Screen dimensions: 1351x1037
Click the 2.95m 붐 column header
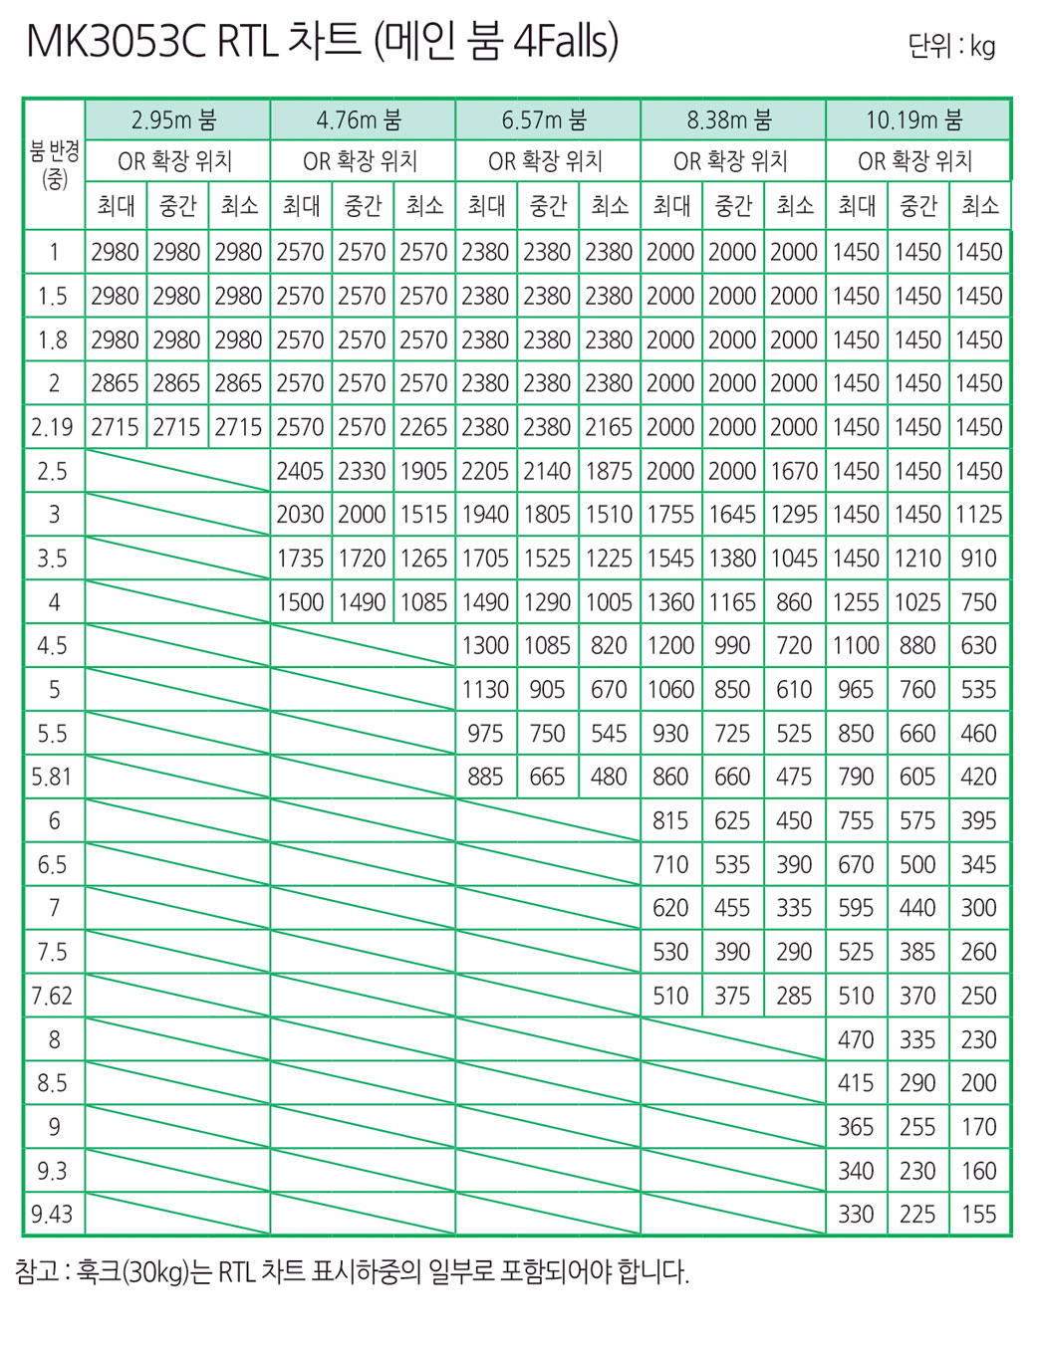point(176,120)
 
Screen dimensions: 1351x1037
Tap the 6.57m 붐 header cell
point(547,120)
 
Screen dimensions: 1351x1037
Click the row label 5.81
point(53,777)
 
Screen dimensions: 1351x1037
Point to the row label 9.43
point(53,1214)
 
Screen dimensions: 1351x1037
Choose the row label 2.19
point(53,427)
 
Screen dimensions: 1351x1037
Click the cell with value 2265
point(423,427)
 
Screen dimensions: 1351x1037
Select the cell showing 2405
point(300,471)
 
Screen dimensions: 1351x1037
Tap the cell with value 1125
point(978,515)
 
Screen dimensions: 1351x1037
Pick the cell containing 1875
point(609,471)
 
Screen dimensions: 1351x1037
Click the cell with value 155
point(978,1214)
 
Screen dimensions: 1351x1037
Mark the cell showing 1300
point(485,645)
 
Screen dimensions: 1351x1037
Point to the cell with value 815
point(670,820)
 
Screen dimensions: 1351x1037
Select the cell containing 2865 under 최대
point(115,383)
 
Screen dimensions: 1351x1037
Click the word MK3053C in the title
point(116,42)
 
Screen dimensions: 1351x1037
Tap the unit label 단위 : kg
point(951,47)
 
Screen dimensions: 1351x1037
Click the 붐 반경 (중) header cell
point(54,165)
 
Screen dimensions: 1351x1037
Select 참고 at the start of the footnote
point(37,1271)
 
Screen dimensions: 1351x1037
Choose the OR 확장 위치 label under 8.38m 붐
point(731,161)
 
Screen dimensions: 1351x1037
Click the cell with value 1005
point(609,602)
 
